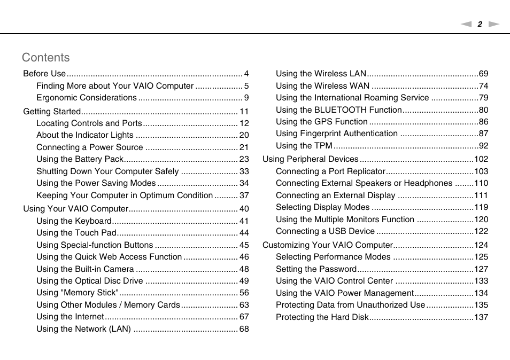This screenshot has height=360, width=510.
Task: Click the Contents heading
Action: [46, 58]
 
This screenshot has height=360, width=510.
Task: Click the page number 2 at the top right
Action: [480, 24]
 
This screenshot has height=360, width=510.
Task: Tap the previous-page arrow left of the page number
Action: [466, 24]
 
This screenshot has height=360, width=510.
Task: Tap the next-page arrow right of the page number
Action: [494, 24]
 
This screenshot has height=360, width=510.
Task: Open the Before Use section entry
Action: [44, 74]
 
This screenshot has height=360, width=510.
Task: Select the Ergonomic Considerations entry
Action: [87, 98]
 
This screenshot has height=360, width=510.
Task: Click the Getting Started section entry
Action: [52, 112]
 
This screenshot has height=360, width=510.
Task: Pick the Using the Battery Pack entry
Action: [80, 159]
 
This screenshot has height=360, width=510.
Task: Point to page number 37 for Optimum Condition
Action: [244, 195]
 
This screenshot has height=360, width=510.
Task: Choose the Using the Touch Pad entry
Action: [76, 233]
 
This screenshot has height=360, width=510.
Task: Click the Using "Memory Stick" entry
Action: [78, 293]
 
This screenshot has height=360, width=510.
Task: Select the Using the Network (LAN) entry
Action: [83, 329]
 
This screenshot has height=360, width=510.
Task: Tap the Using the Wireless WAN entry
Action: [322, 86]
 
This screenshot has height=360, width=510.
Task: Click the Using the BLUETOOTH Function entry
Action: [338, 110]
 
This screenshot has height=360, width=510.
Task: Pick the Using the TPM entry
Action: [304, 146]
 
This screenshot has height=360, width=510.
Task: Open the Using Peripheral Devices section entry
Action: [310, 159]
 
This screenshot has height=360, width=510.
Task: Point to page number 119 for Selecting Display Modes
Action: [481, 207]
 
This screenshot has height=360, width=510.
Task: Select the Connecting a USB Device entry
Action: [325, 231]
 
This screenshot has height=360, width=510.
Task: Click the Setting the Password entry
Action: [316, 269]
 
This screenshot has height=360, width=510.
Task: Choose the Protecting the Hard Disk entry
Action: [322, 317]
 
